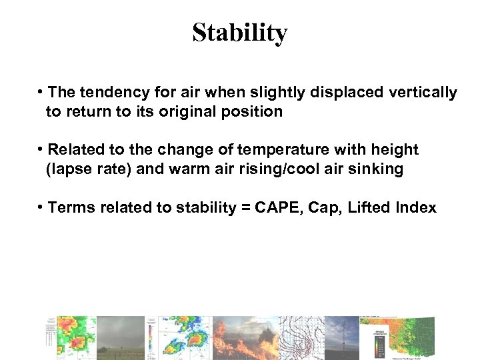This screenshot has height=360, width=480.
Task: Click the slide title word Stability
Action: click(239, 33)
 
